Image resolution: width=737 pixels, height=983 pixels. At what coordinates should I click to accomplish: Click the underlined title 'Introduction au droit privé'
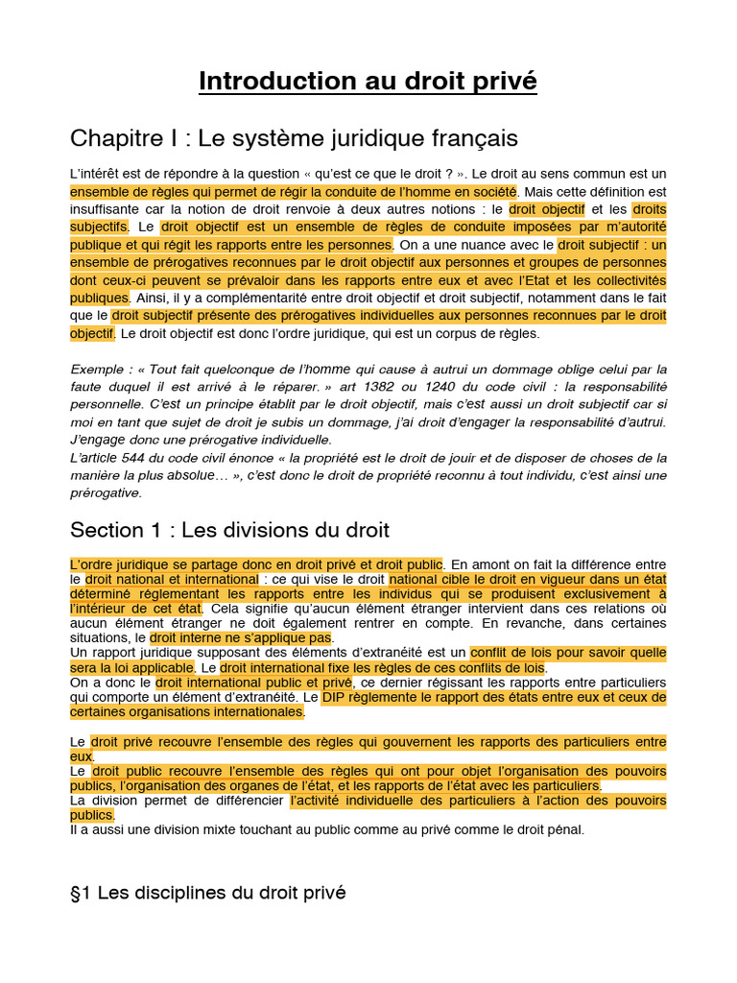[368, 82]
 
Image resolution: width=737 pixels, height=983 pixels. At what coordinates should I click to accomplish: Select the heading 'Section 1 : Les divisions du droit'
[229, 530]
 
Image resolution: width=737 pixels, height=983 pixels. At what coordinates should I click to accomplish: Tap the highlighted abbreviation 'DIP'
[336, 697]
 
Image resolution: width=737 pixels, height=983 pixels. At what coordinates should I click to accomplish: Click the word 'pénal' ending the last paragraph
[563, 829]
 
